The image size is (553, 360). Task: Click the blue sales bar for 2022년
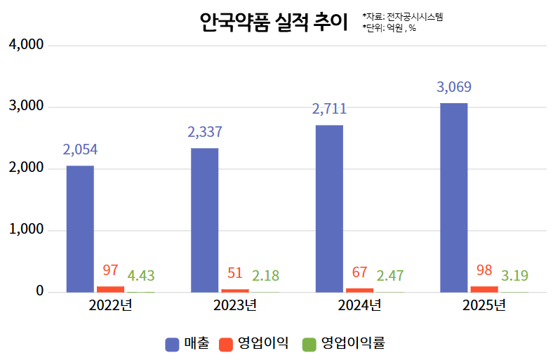(80, 229)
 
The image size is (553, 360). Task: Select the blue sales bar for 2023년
(204, 220)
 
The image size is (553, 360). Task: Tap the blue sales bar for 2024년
(329, 208)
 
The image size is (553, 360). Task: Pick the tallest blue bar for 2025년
(453, 197)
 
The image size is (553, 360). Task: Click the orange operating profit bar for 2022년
(110, 288)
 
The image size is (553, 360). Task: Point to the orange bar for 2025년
(484, 288)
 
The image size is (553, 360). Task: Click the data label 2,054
(80, 149)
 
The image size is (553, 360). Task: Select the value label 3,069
(454, 88)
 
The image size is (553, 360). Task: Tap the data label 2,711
(329, 109)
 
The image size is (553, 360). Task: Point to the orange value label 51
(234, 273)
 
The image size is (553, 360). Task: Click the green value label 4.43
(141, 275)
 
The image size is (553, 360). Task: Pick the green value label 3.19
(514, 275)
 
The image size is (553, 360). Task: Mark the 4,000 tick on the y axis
(26, 45)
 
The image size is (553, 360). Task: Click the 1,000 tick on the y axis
(26, 230)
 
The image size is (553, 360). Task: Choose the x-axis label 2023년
(235, 305)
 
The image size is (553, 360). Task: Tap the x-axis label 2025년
(484, 305)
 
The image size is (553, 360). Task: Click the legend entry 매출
(187, 344)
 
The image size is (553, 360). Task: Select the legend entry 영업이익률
(344, 344)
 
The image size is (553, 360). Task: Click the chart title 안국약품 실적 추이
(273, 22)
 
